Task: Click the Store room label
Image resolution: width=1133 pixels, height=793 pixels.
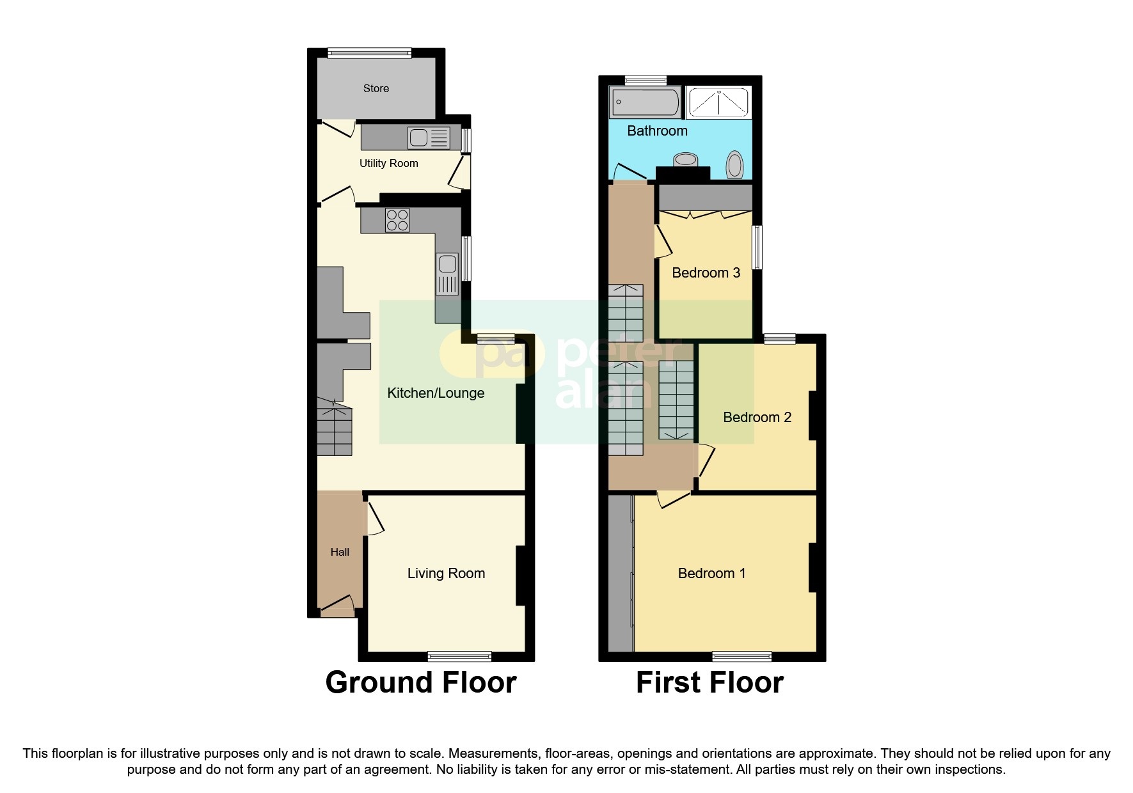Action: point(376,89)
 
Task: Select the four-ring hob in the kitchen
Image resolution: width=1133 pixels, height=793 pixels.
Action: point(397,221)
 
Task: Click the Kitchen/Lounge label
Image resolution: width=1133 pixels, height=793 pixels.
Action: point(436,393)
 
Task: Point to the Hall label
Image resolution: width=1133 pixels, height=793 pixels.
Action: point(340,553)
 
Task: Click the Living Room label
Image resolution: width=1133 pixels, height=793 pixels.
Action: point(446,574)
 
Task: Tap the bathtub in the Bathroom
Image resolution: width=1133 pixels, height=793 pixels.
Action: point(645,102)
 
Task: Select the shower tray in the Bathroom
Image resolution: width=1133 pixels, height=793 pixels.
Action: point(718,103)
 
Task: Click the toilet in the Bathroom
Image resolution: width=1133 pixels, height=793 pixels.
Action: point(735,164)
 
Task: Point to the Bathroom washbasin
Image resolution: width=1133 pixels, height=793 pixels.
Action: point(686,159)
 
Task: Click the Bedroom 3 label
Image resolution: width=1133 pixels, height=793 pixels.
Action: point(706,273)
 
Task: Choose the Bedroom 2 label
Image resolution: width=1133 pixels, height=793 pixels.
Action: point(757,418)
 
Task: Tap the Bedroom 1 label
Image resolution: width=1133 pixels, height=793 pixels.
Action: point(711,574)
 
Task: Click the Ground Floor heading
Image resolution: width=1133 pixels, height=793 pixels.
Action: point(420,682)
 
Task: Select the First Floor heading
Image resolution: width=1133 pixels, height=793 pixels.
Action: point(709,682)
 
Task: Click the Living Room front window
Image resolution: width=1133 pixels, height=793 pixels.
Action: point(459,656)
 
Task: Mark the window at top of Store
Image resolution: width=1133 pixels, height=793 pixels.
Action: point(369,53)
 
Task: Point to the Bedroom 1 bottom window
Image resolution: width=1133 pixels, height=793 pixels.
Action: point(742,656)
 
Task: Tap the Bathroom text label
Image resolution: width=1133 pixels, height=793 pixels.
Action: point(657,131)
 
